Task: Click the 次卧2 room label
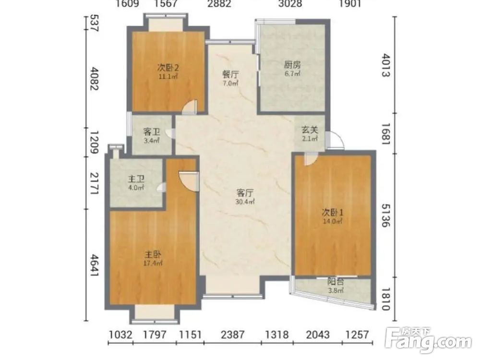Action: [x=168, y=67]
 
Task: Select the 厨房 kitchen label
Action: [x=292, y=65]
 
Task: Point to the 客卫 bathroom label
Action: [x=152, y=132]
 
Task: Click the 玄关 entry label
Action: [x=310, y=130]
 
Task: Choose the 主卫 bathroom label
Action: [x=136, y=179]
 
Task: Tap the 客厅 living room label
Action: [x=245, y=193]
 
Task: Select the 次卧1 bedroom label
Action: [x=333, y=212]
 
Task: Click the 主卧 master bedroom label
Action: [x=153, y=254]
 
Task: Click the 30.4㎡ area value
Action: [x=245, y=202]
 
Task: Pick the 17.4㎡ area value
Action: [x=153, y=263]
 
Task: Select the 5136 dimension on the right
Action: [x=386, y=216]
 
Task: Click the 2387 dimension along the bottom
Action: [x=233, y=335]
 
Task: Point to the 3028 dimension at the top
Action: [x=290, y=4]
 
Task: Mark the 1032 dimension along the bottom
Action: [x=120, y=335]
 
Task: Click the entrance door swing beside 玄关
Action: [x=335, y=141]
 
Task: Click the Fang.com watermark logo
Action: [x=429, y=340]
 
